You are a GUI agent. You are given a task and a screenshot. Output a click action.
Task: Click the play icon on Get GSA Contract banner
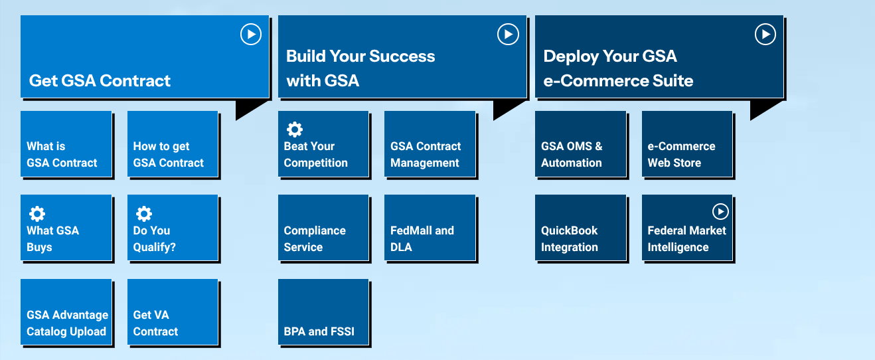pos(250,34)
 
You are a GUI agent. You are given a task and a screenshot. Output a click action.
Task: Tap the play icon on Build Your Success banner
pos(508,34)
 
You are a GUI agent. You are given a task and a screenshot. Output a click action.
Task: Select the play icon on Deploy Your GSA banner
pos(765,34)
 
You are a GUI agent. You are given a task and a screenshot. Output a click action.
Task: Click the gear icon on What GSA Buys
pos(37,213)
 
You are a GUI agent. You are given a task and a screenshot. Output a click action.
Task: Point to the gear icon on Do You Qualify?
pos(144,213)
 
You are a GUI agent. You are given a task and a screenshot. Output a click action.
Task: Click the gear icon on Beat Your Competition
pos(295,129)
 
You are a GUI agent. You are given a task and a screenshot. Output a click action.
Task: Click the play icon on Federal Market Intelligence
pos(720,211)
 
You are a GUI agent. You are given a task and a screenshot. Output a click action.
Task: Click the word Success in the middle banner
pos(401,56)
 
